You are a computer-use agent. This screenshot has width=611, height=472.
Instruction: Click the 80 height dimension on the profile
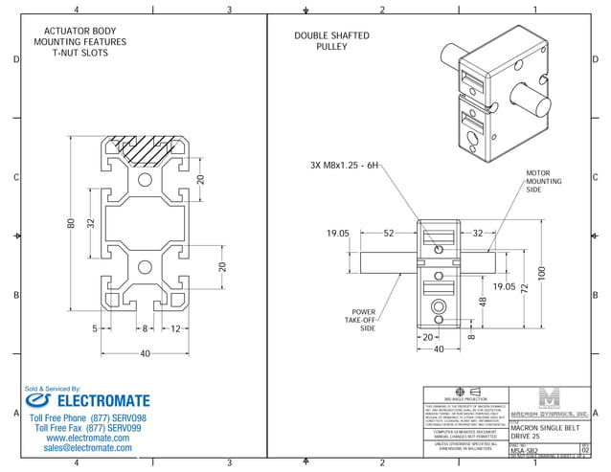(70, 223)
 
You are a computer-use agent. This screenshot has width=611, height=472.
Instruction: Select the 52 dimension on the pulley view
(389, 233)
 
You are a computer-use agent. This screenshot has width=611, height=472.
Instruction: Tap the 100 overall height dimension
(541, 273)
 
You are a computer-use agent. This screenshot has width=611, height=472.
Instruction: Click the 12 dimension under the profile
(175, 328)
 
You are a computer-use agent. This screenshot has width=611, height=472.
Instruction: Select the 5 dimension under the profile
(96, 328)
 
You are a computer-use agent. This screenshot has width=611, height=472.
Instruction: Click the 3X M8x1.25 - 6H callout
(347, 166)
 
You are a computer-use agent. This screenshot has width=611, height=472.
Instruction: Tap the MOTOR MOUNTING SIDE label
(538, 182)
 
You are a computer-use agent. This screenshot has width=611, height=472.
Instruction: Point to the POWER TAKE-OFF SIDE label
(363, 320)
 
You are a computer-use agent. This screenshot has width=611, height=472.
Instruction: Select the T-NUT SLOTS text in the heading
(80, 54)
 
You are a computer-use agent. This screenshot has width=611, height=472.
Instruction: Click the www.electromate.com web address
(88, 438)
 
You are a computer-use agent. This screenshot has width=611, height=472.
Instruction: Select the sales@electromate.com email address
(88, 447)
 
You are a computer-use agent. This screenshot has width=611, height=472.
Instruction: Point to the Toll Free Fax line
(88, 428)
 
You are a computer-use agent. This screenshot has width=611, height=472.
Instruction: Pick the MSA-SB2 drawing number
(525, 449)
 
